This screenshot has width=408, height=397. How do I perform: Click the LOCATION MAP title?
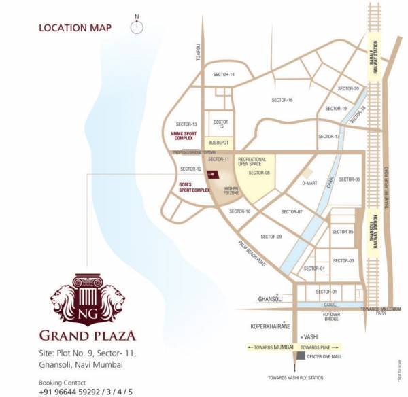tap(75, 28)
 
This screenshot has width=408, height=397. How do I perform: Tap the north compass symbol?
tap(137, 27)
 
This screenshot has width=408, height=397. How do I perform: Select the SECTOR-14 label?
tap(224, 74)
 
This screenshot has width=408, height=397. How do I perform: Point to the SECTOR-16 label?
tap(282, 100)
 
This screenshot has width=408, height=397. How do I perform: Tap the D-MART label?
tap(310, 183)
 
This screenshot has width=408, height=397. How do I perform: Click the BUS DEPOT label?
tap(218, 143)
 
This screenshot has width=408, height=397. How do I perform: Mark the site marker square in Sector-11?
tap(211, 173)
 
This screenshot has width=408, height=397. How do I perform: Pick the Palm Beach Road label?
tap(252, 254)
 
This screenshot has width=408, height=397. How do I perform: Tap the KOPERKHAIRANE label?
tap(269, 326)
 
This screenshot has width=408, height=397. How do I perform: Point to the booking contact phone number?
tap(86, 391)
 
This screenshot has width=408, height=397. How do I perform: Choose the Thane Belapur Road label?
tap(386, 187)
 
